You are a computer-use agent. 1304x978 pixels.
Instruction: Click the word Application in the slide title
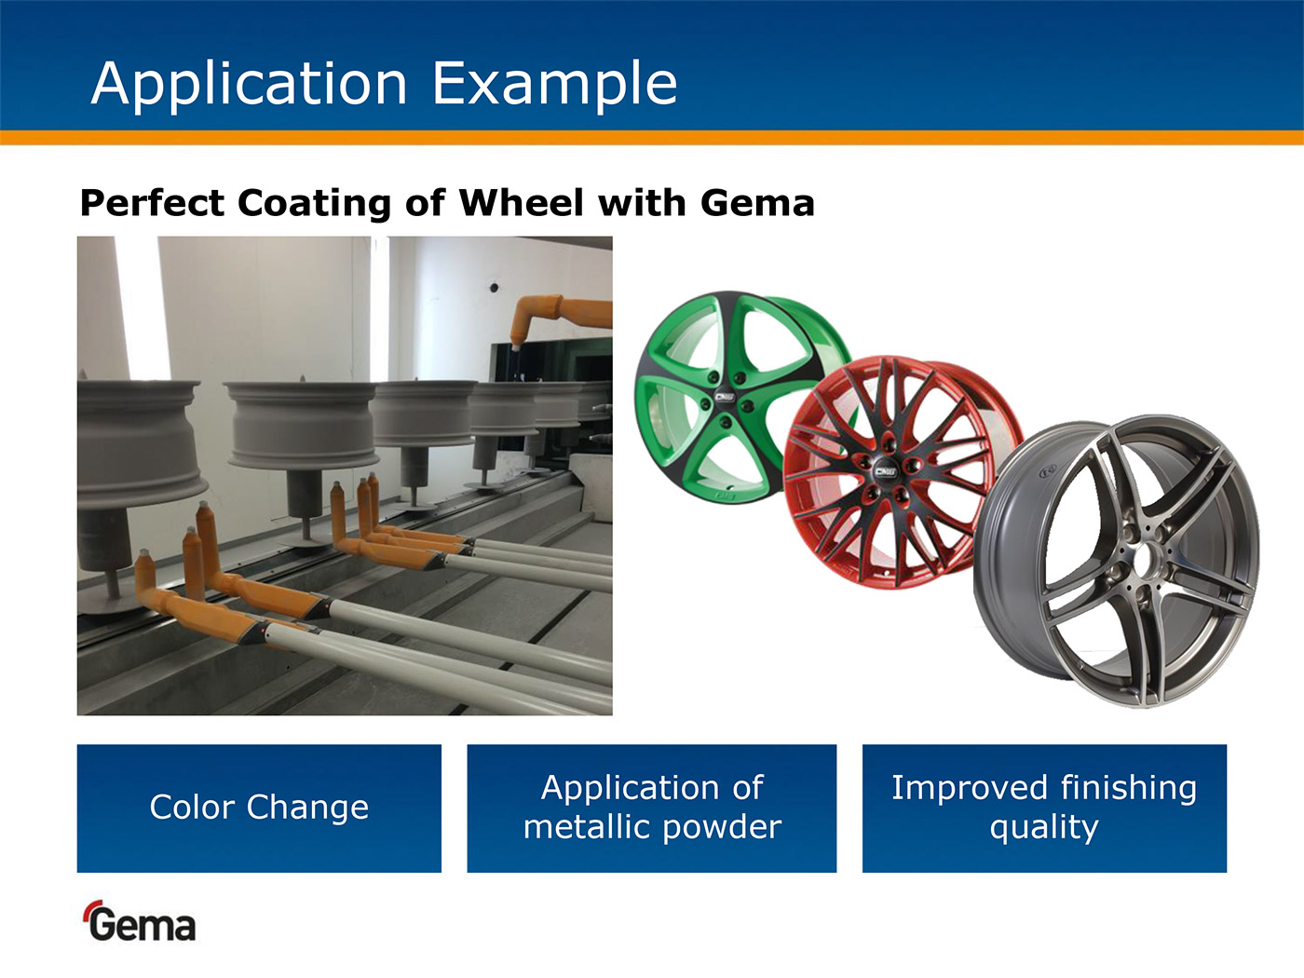[x=249, y=84]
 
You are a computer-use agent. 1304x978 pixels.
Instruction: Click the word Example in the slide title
[x=555, y=84]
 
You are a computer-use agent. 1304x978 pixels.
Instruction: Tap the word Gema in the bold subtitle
[x=757, y=203]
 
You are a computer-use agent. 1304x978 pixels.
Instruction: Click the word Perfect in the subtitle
[x=152, y=203]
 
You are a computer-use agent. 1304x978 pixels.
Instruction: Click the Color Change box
[x=259, y=808]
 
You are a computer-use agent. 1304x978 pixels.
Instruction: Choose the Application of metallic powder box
[x=652, y=808]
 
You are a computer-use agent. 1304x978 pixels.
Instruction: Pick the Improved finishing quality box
[x=1044, y=808]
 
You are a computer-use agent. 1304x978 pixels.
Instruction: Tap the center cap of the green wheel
[x=724, y=396]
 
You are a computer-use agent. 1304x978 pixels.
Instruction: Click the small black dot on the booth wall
[x=494, y=288]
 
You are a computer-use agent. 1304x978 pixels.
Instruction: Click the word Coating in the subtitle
[x=314, y=204]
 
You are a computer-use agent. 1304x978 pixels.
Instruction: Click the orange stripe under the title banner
[x=652, y=137]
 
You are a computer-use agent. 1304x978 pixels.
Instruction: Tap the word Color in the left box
[x=193, y=808]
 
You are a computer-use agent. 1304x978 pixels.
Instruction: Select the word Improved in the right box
[x=969, y=789]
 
